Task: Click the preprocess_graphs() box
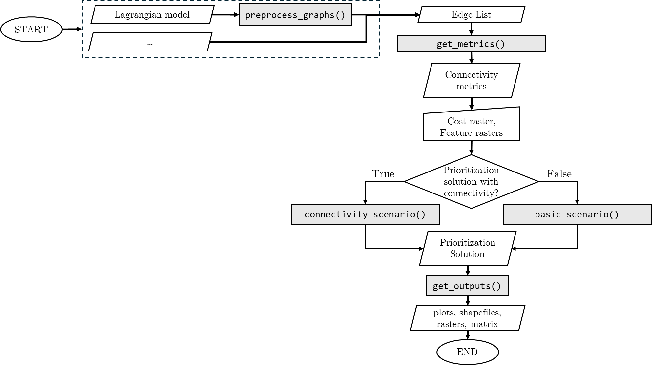[295, 15]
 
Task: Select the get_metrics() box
[471, 44]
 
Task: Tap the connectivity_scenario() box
[365, 214]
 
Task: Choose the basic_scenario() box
[577, 214]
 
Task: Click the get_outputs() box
[467, 286]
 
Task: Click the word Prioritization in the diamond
[471, 170]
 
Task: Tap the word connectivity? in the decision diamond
[471, 193]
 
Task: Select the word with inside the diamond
[489, 182]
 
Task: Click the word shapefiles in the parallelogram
[480, 313]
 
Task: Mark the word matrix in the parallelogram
[484, 324]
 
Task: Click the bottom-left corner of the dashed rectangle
[82, 58]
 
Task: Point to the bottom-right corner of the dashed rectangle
[379, 58]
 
